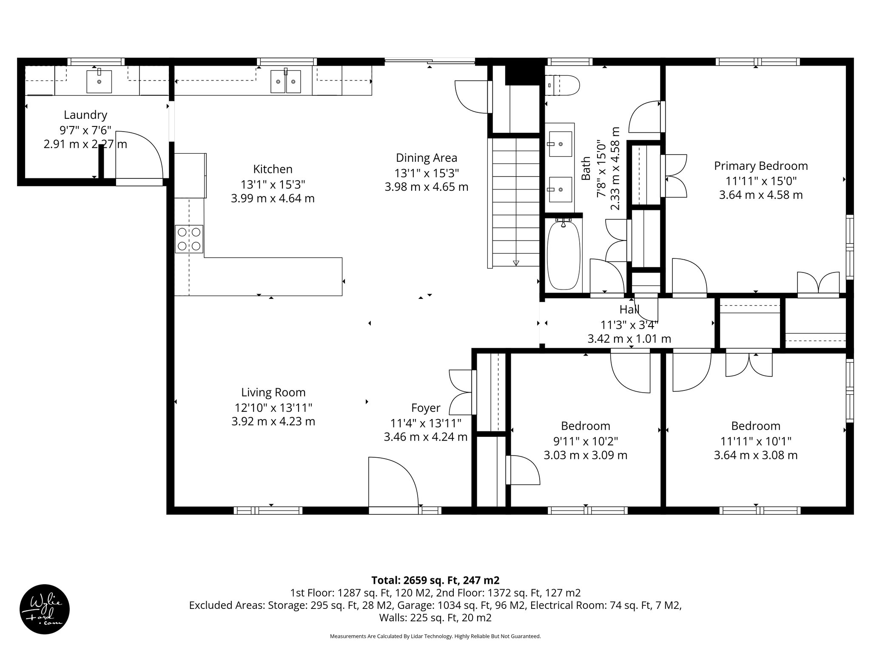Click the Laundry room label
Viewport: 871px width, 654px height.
coord(85,115)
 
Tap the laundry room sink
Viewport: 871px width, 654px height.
coord(99,81)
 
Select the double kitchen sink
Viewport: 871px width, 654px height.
coord(286,82)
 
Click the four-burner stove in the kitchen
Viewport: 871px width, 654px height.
coord(189,239)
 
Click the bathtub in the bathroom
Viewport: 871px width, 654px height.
coord(564,255)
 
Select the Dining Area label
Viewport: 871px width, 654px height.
coord(427,158)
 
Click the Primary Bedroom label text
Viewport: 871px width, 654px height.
coord(761,166)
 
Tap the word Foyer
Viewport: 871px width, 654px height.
coord(426,408)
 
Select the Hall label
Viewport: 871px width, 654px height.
coord(629,310)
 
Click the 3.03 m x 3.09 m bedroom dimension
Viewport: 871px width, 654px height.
coord(586,455)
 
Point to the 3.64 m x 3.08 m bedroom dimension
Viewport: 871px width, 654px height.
coord(756,455)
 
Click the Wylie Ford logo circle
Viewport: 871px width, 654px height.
coord(45,609)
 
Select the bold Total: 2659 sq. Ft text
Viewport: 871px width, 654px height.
coord(435,580)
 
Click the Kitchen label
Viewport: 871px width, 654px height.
coord(273,169)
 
